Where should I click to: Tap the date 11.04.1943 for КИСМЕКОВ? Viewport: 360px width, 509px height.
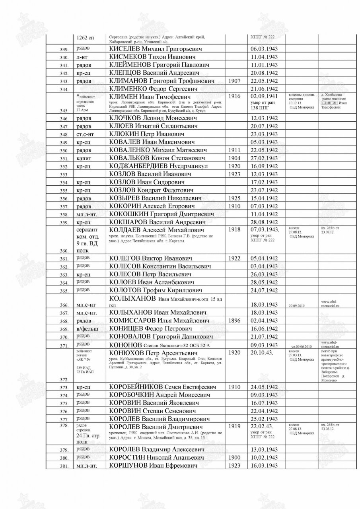264,57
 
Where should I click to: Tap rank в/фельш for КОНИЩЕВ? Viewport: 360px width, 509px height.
86,328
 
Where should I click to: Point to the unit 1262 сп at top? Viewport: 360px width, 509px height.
85,38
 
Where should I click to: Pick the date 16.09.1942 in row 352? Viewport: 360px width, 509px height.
264,166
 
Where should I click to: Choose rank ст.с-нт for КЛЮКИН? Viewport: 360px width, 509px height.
86,134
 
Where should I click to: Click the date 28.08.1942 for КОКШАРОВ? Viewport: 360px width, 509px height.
264,222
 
